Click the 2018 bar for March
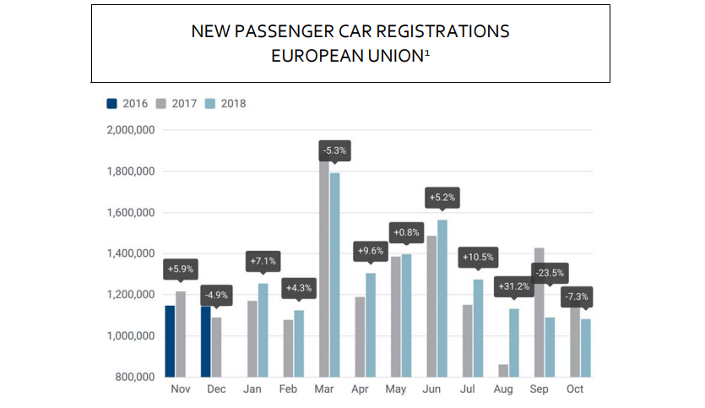[335, 275]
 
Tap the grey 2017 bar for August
[504, 370]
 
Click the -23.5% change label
[550, 273]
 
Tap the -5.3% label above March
[334, 151]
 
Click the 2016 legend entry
[127, 104]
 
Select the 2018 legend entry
[225, 104]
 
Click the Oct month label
[575, 389]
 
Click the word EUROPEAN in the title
[309, 56]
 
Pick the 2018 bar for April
[371, 324]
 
